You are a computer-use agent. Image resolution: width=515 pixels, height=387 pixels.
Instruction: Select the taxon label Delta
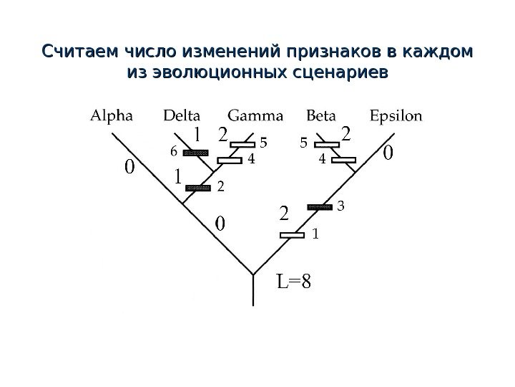click(x=182, y=115)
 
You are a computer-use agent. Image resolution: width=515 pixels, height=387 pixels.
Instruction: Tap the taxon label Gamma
click(x=255, y=115)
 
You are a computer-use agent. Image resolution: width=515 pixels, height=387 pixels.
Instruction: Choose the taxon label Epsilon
click(x=396, y=115)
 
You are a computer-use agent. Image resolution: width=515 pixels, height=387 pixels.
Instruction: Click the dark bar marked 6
click(x=195, y=153)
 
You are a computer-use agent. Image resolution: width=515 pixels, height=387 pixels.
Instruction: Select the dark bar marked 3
click(x=320, y=207)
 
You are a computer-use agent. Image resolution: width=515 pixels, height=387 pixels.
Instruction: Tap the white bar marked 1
click(x=293, y=234)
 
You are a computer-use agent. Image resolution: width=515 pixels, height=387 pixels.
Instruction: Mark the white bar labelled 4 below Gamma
click(x=230, y=161)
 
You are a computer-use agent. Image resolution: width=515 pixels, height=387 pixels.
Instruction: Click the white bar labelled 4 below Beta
click(x=343, y=160)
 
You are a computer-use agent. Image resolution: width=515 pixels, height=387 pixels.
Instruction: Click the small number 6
click(x=172, y=152)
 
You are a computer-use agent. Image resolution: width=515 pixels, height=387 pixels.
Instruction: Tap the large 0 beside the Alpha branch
click(x=129, y=168)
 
